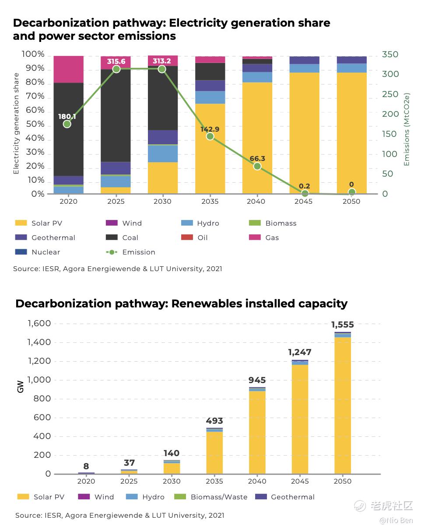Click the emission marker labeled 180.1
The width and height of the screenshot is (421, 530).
click(67, 124)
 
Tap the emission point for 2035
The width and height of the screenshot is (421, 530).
click(210, 136)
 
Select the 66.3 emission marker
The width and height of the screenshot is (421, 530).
click(257, 166)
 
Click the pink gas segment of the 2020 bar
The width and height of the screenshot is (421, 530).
click(68, 69)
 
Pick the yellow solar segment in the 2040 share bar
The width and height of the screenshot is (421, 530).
click(257, 138)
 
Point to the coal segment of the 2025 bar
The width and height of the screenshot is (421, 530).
click(116, 115)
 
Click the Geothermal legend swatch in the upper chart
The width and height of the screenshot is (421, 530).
click(21, 238)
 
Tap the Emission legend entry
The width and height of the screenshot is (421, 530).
click(138, 252)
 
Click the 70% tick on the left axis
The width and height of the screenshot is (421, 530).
click(33, 97)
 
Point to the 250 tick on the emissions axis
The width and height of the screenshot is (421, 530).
click(390, 94)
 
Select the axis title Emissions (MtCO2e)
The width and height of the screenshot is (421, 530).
click(407, 129)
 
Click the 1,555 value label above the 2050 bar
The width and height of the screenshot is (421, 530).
click(342, 325)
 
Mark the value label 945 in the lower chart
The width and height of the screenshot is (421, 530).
click(257, 380)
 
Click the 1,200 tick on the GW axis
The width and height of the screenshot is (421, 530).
click(39, 362)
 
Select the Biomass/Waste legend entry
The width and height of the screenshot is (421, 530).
click(219, 497)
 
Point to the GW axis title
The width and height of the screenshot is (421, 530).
click(21, 387)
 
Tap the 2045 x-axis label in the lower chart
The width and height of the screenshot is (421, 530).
click(300, 481)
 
